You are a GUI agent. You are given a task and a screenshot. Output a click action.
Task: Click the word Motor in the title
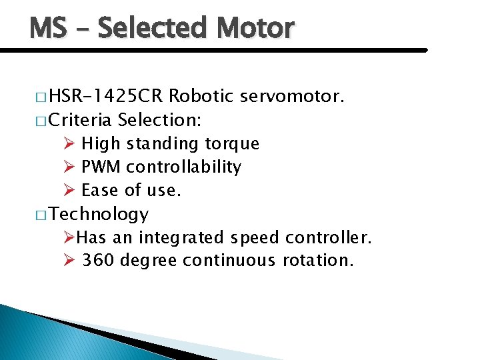pyautogui.click(x=255, y=28)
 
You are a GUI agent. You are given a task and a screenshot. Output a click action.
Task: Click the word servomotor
pyautogui.click(x=293, y=97)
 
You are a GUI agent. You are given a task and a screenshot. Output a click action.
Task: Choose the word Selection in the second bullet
pyautogui.click(x=160, y=120)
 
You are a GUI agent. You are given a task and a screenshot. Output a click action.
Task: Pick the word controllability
pyautogui.click(x=183, y=167)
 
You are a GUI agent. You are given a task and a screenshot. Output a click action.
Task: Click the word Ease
pyautogui.click(x=101, y=191)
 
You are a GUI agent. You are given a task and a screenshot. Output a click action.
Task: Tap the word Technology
pyautogui.click(x=99, y=214)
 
